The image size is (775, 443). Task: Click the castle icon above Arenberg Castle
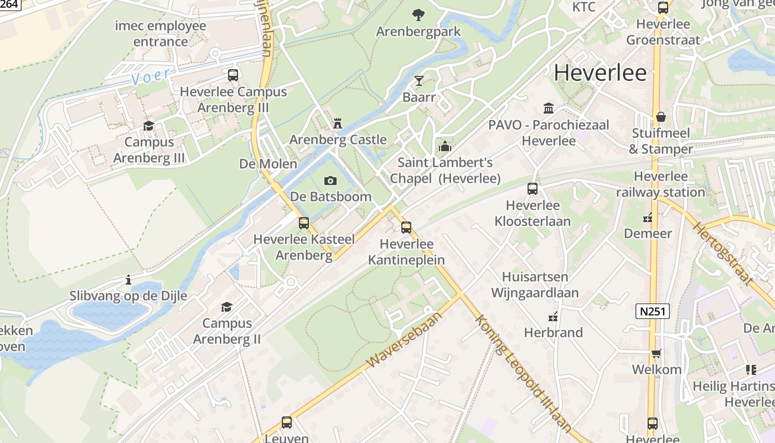click(x=337, y=123)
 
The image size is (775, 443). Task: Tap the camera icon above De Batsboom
click(x=330, y=181)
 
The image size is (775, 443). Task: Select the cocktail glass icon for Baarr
click(x=419, y=81)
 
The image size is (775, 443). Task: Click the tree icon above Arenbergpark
click(x=418, y=15)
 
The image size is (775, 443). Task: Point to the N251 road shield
click(x=653, y=311)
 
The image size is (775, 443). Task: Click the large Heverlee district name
click(x=600, y=73)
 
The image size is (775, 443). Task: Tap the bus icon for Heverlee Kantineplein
click(x=406, y=228)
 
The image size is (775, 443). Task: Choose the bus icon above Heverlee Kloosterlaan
click(x=533, y=189)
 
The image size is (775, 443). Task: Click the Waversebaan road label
click(x=405, y=339)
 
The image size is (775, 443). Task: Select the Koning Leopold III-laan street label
click(x=522, y=374)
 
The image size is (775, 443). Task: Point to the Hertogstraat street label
click(x=724, y=254)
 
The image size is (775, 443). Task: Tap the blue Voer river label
click(x=151, y=76)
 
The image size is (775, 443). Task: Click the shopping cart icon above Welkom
click(x=657, y=353)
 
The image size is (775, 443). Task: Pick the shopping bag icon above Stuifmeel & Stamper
click(x=660, y=117)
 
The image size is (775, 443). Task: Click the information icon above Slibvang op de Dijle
click(x=128, y=280)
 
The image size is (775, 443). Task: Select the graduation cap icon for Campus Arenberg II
click(x=226, y=307)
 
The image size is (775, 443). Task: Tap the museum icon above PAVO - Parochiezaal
click(x=549, y=108)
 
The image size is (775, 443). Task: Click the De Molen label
click(x=268, y=164)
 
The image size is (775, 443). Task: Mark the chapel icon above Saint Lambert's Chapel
click(x=445, y=147)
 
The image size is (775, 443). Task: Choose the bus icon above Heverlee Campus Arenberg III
click(x=233, y=75)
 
